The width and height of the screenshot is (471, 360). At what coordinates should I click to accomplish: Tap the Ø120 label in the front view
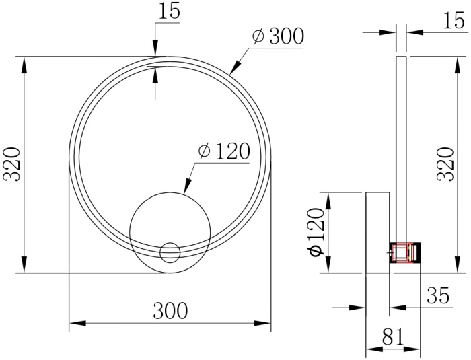pos(224,151)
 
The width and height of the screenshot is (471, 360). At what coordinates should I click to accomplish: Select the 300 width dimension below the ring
pos(170,311)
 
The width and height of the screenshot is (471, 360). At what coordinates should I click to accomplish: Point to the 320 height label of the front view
pos(13,165)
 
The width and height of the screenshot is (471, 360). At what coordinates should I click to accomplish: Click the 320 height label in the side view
pos(446,165)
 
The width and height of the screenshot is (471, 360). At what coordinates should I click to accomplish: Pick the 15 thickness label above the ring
pos(171,11)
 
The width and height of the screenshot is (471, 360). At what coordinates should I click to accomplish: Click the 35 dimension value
pos(437,296)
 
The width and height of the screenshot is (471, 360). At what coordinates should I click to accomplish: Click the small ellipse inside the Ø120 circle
pos(170,252)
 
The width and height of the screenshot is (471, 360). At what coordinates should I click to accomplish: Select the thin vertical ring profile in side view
pos(401,148)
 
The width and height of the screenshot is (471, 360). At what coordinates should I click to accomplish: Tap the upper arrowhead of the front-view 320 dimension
pos(25,63)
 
